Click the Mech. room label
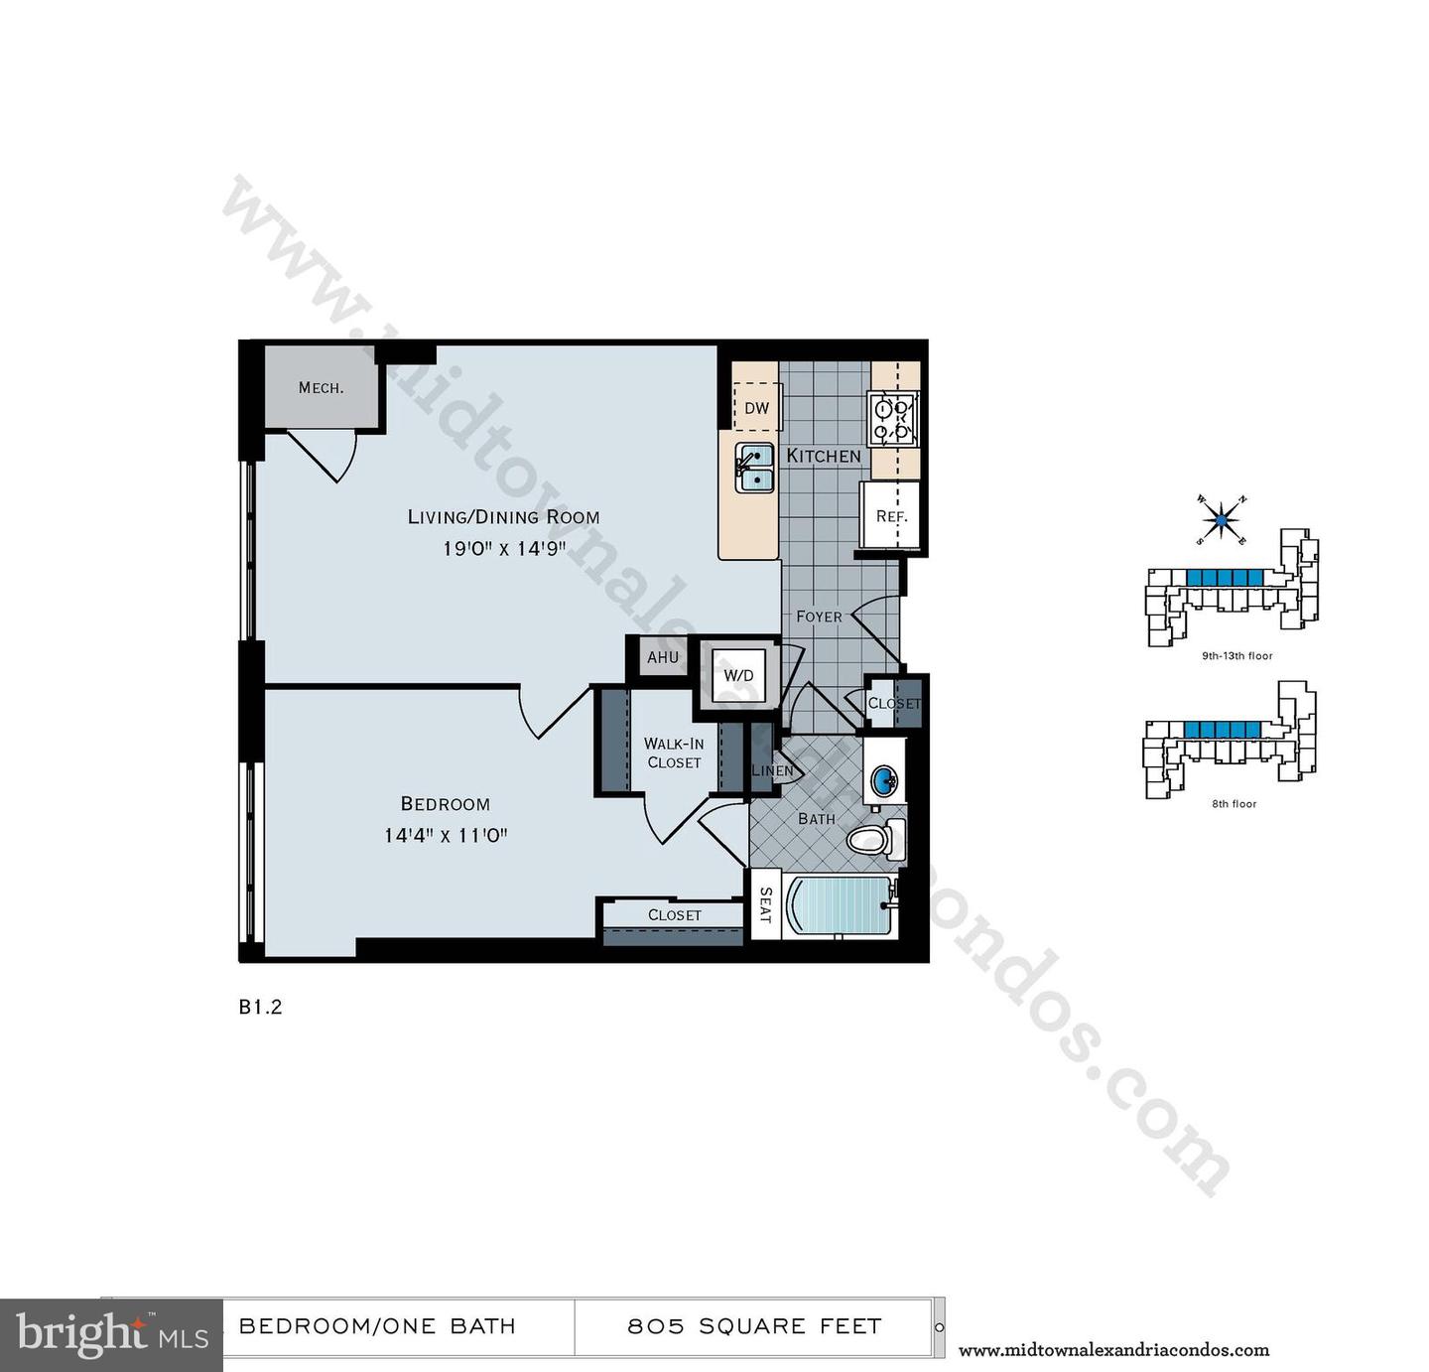[321, 387]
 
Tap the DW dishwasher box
[756, 408]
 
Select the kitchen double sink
[755, 467]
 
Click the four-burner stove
[892, 418]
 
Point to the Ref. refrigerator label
[890, 516]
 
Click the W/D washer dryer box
[738, 676]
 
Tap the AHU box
[662, 657]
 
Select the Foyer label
[819, 617]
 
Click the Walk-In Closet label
[674, 753]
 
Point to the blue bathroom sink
[882, 781]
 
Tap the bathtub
[840, 904]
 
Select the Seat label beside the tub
[765, 904]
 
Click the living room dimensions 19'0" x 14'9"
[504, 548]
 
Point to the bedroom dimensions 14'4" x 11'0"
[446, 835]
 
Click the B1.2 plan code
[260, 1007]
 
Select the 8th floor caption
[1234, 804]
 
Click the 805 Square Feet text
[754, 1326]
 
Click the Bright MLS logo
[111, 1335]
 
